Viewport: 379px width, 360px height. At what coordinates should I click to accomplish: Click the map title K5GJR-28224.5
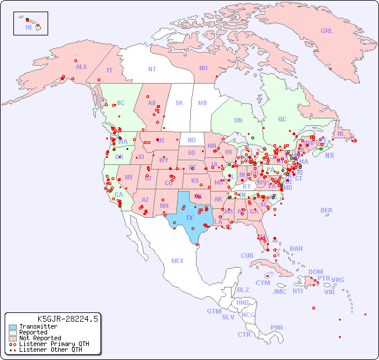(67, 319)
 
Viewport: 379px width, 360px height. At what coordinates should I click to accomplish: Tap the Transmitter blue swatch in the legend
(12, 327)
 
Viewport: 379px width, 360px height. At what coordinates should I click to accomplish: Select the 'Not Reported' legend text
(39, 338)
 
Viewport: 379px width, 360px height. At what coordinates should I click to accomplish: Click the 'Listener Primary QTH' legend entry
(53, 344)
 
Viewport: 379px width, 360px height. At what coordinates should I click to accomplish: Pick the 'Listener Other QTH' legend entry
(50, 350)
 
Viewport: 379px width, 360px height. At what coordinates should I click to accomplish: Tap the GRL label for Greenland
(327, 31)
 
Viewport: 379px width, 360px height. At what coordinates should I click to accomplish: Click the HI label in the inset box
(28, 27)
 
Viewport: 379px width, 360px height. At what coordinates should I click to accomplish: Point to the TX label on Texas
(189, 218)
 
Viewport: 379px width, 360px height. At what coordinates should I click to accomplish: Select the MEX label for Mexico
(178, 261)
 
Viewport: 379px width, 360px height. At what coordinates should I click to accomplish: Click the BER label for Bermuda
(327, 210)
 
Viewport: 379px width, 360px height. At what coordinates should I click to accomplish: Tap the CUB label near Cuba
(247, 256)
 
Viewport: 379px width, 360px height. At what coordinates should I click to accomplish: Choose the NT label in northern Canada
(152, 69)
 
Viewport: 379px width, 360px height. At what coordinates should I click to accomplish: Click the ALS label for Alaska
(81, 67)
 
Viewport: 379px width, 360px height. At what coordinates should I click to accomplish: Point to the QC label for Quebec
(282, 120)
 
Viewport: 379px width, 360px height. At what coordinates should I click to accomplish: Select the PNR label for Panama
(277, 327)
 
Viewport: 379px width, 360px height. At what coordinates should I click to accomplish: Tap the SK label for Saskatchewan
(179, 103)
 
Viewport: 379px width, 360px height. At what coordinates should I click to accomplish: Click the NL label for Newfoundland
(341, 134)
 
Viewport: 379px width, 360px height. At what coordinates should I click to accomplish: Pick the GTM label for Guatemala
(214, 312)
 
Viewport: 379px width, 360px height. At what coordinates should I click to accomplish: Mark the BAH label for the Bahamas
(296, 249)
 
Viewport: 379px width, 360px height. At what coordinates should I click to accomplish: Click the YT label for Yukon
(109, 71)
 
